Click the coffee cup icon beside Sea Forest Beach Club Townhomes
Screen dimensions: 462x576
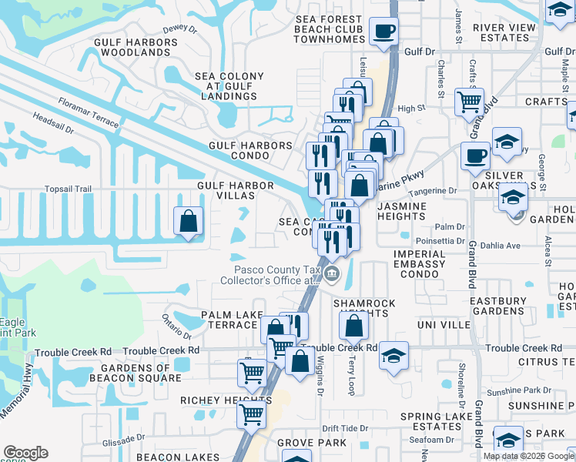pos(383,32)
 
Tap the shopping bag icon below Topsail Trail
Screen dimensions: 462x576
pos(188,222)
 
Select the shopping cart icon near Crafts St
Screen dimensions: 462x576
pos(468,101)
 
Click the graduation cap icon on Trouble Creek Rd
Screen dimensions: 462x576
pos(393,356)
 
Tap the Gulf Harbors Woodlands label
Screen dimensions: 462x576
pos(131,47)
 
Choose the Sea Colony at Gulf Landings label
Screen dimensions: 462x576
pos(229,86)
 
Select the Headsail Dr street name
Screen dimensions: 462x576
pos(53,124)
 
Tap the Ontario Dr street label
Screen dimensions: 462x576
pos(176,327)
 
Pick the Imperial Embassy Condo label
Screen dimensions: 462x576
pos(420,264)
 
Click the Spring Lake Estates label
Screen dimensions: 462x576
pos(431,421)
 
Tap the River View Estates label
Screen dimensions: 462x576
pos(504,32)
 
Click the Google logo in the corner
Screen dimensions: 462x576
pos(25,453)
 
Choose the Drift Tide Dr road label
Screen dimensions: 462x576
pos(341,428)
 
